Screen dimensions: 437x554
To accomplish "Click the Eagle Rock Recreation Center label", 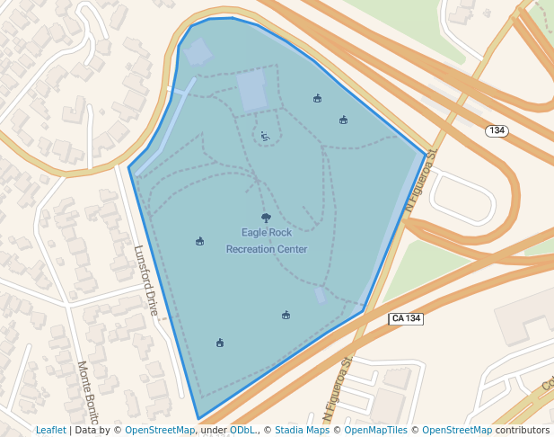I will coord(267,241).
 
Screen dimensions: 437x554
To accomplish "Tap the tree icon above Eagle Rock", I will coord(266,218).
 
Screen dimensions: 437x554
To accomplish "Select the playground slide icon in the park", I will coord(265,137).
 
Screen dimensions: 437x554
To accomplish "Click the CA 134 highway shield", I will coord(406,319).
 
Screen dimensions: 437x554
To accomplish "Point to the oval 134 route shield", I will coord(497,131).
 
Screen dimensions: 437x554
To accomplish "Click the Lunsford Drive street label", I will coord(146,281).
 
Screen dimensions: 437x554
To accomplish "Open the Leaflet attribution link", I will coord(51,431).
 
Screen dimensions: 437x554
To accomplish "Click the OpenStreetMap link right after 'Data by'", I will coord(160,431).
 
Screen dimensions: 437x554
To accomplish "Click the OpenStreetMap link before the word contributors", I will coord(457,431).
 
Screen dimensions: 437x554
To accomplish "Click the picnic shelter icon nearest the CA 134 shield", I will coord(286,315).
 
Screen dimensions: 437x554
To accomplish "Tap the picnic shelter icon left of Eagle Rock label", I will coord(199,241).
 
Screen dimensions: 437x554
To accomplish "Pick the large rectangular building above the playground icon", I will coord(251,91).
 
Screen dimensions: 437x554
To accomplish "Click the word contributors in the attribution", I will coord(522,431).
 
